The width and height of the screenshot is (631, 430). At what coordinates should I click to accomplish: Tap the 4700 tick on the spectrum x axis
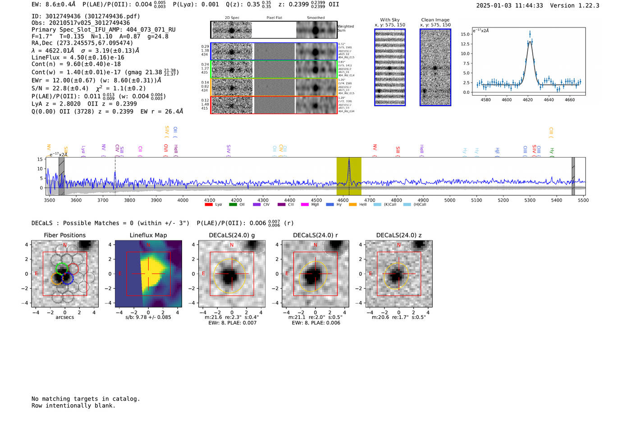click(370, 200)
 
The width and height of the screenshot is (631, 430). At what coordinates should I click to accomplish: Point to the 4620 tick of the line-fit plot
click(527, 100)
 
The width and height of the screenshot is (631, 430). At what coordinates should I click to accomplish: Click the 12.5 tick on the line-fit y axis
click(465, 44)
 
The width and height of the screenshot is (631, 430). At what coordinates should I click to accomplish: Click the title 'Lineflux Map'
click(148, 235)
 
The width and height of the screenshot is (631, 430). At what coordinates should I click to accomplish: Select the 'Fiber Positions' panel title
click(64, 235)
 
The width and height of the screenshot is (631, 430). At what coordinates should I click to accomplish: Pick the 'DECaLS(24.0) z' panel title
click(398, 235)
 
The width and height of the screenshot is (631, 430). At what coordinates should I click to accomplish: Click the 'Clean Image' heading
click(435, 20)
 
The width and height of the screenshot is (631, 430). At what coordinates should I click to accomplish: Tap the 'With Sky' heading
click(389, 20)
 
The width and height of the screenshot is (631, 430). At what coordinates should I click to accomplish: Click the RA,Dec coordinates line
click(82, 43)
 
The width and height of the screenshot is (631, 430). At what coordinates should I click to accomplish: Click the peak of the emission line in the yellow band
click(349, 160)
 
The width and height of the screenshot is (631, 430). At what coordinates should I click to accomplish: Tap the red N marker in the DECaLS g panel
click(232, 245)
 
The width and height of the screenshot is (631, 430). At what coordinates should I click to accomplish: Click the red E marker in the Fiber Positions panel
click(37, 273)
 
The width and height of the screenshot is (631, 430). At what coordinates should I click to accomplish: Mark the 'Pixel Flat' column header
click(274, 18)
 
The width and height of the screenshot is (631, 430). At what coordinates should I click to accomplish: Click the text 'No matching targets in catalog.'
click(86, 399)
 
